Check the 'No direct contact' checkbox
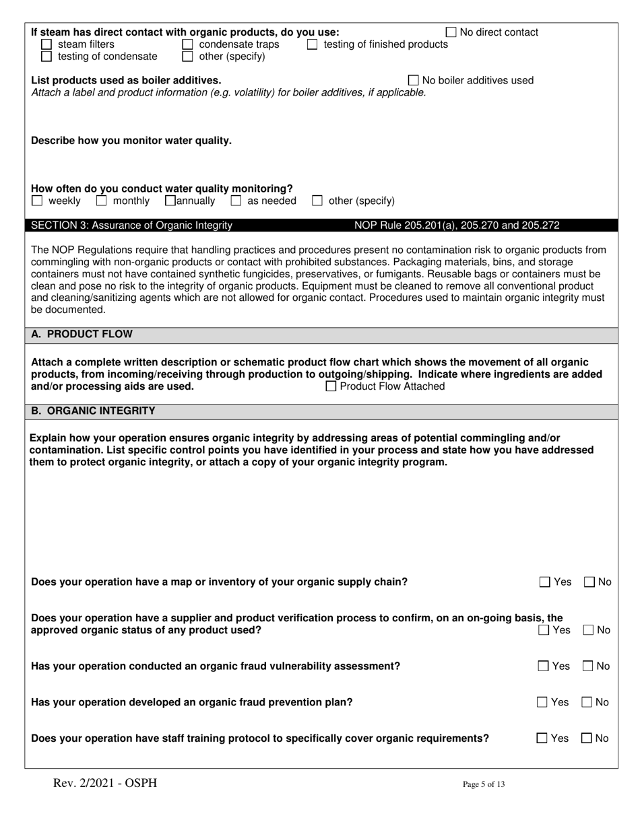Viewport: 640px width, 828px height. (451, 32)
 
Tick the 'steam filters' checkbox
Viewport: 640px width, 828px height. (46, 44)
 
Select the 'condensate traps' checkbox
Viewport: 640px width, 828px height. (188, 44)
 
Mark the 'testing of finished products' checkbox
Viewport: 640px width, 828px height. (313, 44)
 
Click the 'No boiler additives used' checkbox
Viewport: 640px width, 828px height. (414, 81)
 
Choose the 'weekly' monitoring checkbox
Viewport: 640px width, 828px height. (38, 201)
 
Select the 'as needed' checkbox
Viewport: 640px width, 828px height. (236, 201)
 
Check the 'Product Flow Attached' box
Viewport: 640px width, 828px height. (331, 386)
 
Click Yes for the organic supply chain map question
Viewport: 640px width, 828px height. (545, 582)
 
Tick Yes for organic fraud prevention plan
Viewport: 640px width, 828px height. (543, 702)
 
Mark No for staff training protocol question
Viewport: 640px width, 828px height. (587, 738)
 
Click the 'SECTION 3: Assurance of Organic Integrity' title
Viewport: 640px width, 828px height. (132, 226)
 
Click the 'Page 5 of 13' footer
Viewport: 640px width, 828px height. (483, 784)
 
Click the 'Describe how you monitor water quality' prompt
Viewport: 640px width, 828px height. (131, 141)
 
